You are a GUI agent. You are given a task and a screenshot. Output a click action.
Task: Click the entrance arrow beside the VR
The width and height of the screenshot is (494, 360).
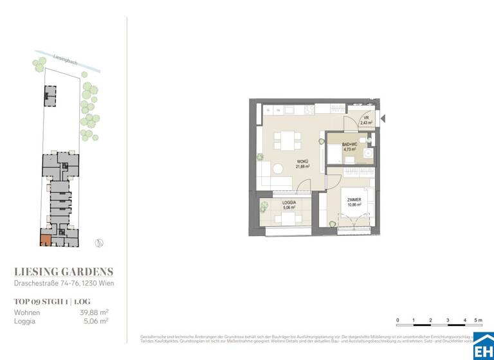click(383, 119)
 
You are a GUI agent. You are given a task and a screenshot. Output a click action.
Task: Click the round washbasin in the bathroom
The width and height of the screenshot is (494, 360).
click(368, 154)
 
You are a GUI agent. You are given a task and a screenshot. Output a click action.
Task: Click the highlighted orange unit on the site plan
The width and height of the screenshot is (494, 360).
click(45, 241)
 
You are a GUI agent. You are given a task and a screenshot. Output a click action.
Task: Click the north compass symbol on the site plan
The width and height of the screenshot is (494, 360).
click(98, 242)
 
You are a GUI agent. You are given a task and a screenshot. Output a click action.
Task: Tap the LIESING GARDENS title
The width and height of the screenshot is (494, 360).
click(64, 272)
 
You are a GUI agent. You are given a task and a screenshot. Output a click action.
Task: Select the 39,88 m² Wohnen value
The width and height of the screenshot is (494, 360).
click(93, 312)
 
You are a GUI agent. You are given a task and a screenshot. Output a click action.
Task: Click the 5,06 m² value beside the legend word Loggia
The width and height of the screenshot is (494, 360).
click(95, 321)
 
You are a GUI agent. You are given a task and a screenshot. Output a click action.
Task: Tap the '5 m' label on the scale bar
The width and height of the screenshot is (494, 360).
click(477, 319)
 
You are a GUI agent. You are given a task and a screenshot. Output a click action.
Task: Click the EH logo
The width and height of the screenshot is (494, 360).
click(483, 347)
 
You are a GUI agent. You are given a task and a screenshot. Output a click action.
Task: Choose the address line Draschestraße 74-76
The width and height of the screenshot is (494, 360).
click(64, 284)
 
